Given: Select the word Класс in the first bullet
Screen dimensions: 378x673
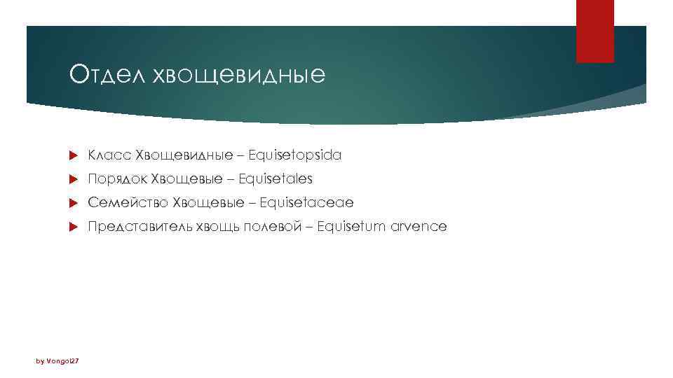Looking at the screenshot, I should tap(109, 155).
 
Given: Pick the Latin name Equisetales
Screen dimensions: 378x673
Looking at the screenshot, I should tap(276, 179).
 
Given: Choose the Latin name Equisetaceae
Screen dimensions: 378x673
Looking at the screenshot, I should tap(306, 203).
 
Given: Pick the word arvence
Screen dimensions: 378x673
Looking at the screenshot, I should tap(422, 227).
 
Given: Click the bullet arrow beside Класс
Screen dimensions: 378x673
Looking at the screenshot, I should tap(74, 155).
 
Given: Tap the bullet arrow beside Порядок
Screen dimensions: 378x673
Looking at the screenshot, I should tap(74, 179).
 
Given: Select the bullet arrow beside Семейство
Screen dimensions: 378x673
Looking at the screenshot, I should tap(74, 203).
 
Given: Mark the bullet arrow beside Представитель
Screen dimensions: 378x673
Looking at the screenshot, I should tap(74, 227).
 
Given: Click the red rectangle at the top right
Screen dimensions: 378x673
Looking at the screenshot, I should tap(594, 31).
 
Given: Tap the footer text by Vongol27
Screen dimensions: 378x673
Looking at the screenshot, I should tap(57, 360).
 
